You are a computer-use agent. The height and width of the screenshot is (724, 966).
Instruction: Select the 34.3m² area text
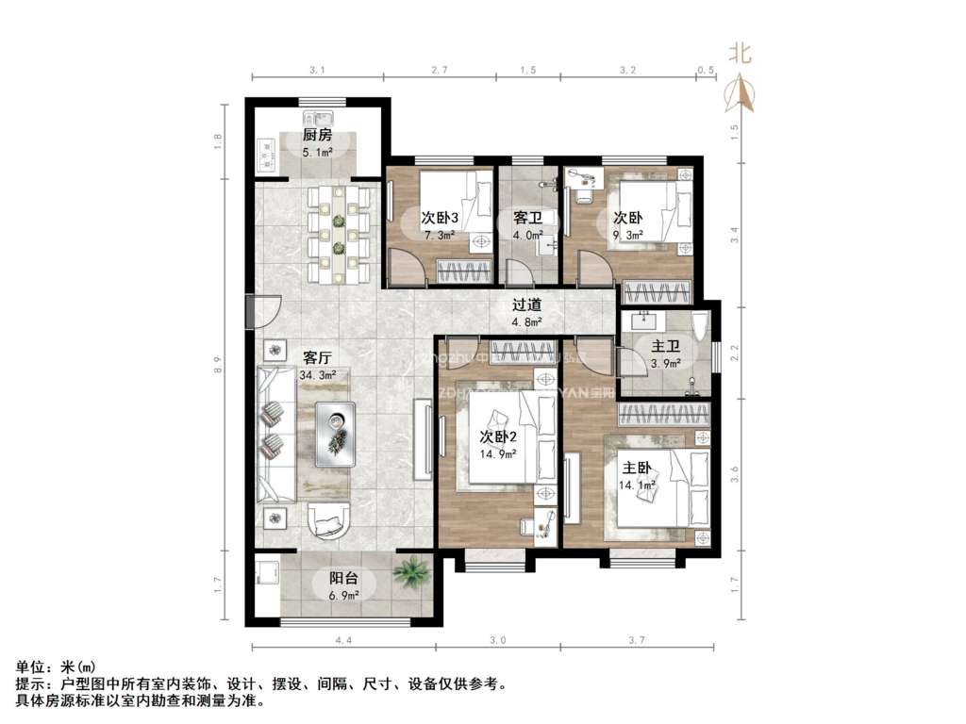tap(318, 375)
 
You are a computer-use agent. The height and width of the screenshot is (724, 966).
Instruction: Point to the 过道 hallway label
tap(526, 304)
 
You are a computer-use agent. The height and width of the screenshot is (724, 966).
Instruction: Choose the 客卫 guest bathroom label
tap(526, 218)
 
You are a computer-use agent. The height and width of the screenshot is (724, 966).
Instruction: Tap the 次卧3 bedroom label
tap(440, 218)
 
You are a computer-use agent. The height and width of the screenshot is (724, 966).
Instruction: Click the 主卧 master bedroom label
tap(636, 468)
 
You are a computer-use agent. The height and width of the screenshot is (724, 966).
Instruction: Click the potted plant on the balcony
tap(410, 569)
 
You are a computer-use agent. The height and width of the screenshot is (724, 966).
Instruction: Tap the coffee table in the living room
tap(335, 434)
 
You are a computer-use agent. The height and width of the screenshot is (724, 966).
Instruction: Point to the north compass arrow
tap(741, 91)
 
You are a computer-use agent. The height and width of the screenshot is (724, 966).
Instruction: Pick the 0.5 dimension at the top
tap(704, 71)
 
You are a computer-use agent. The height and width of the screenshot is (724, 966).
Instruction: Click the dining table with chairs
tap(337, 234)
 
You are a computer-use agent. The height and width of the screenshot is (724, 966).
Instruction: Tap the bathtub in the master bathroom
tap(699, 326)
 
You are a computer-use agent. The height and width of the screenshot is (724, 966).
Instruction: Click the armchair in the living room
tap(327, 520)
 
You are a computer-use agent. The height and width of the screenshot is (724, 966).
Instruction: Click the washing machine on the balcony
tap(266, 572)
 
